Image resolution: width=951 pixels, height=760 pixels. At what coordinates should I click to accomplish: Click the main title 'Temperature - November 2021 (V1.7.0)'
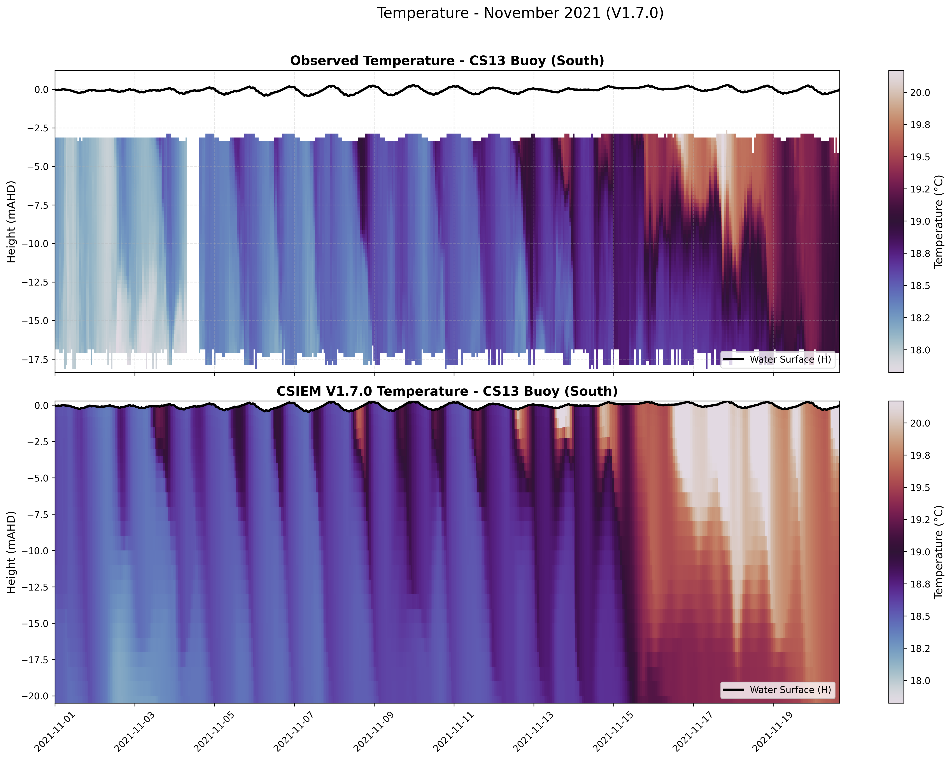pos(520,13)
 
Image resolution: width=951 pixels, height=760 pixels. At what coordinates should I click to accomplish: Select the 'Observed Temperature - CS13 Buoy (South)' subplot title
pos(447,61)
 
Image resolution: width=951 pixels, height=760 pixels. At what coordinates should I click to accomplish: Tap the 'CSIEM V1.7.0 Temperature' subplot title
pos(447,391)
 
